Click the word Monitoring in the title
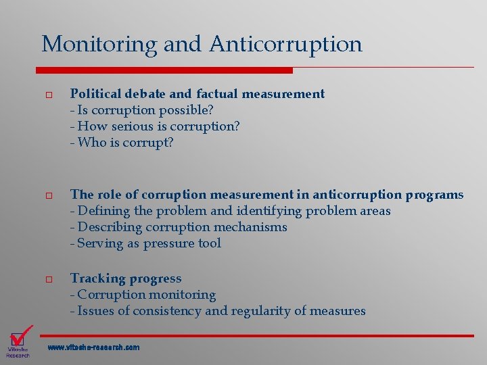click(100, 44)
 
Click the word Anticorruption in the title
click(285, 44)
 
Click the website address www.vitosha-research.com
click(93, 347)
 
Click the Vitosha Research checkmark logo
click(19, 341)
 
